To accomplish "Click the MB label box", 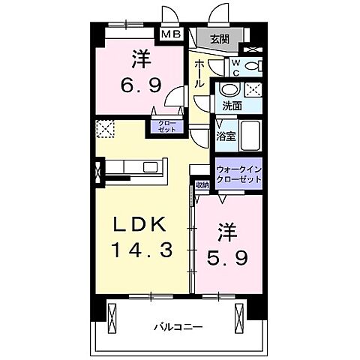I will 169,34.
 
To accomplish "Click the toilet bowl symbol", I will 253,66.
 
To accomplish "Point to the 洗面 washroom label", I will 231,106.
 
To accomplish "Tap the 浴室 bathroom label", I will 225,136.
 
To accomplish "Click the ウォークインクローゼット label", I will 238,175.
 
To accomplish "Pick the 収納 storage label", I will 202,185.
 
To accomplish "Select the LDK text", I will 139,224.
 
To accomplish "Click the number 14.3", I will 139,249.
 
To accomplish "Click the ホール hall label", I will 199,75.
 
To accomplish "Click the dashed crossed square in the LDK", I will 104,128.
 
